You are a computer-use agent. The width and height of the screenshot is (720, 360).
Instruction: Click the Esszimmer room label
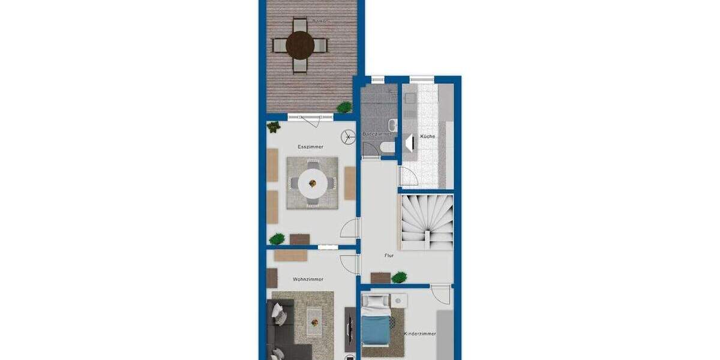pos(311,147)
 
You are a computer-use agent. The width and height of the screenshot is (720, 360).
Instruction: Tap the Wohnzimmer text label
pos(308,280)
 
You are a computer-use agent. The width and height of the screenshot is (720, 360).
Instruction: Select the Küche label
pos(427,137)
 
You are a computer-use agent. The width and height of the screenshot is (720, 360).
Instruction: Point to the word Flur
pos(389,256)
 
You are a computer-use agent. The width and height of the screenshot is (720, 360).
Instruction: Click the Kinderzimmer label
pos(419,334)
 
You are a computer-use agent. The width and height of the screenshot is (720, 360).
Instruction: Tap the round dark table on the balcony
pos(300,44)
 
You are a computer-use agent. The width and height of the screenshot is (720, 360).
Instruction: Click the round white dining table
pos(312,182)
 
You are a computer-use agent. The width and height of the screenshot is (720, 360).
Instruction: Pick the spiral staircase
pos(425,222)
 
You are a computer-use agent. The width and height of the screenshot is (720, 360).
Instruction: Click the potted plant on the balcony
pos(344,107)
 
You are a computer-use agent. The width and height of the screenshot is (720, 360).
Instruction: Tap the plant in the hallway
pos(399,277)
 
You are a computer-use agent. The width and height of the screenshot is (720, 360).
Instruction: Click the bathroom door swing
pos(370,150)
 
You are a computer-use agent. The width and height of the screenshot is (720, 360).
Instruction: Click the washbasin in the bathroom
pos(392,125)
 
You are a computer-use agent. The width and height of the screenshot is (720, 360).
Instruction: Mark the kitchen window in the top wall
pos(422,78)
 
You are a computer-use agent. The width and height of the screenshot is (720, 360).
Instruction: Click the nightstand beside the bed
pos(398,301)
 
